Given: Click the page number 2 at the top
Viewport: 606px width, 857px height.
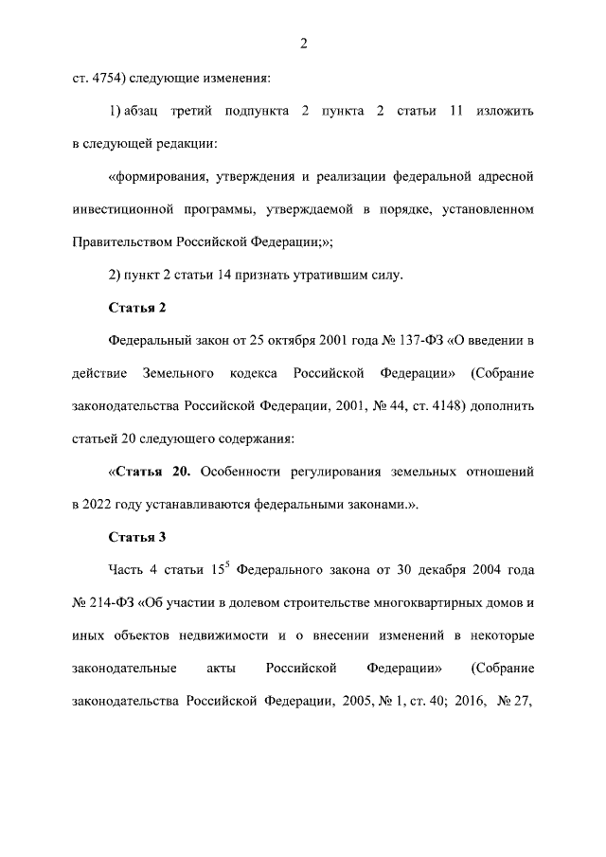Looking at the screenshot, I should [303, 43].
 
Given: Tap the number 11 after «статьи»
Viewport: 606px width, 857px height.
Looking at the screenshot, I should [455, 112].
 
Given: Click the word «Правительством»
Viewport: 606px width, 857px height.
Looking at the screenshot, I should [120, 240].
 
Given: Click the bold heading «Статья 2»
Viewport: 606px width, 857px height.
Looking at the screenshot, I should [138, 308].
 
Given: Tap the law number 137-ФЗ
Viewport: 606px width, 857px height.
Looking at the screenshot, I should [404, 340].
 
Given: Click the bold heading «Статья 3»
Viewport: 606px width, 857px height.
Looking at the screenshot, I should [138, 537].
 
